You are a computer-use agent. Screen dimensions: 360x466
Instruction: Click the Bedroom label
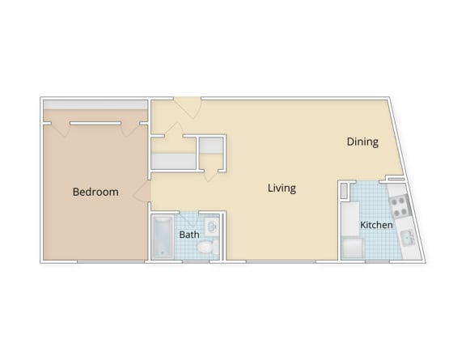95,193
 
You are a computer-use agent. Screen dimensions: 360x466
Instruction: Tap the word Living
282,188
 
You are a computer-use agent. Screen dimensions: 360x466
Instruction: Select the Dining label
362,142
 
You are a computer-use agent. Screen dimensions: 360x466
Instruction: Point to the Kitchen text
376,225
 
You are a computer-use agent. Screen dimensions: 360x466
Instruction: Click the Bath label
189,235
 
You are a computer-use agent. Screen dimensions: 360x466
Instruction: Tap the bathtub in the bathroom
163,236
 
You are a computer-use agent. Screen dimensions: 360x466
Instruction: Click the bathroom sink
212,226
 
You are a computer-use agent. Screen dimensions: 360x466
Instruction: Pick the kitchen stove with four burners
400,203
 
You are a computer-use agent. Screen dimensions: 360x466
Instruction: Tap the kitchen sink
408,237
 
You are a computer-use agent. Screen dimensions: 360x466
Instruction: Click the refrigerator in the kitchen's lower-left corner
353,247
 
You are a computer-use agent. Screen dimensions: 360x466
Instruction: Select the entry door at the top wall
188,106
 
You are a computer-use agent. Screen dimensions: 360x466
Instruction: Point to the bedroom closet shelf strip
95,106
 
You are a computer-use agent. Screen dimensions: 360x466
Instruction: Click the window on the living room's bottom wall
281,261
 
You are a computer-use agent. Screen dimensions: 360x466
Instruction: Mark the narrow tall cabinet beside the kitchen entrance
343,192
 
